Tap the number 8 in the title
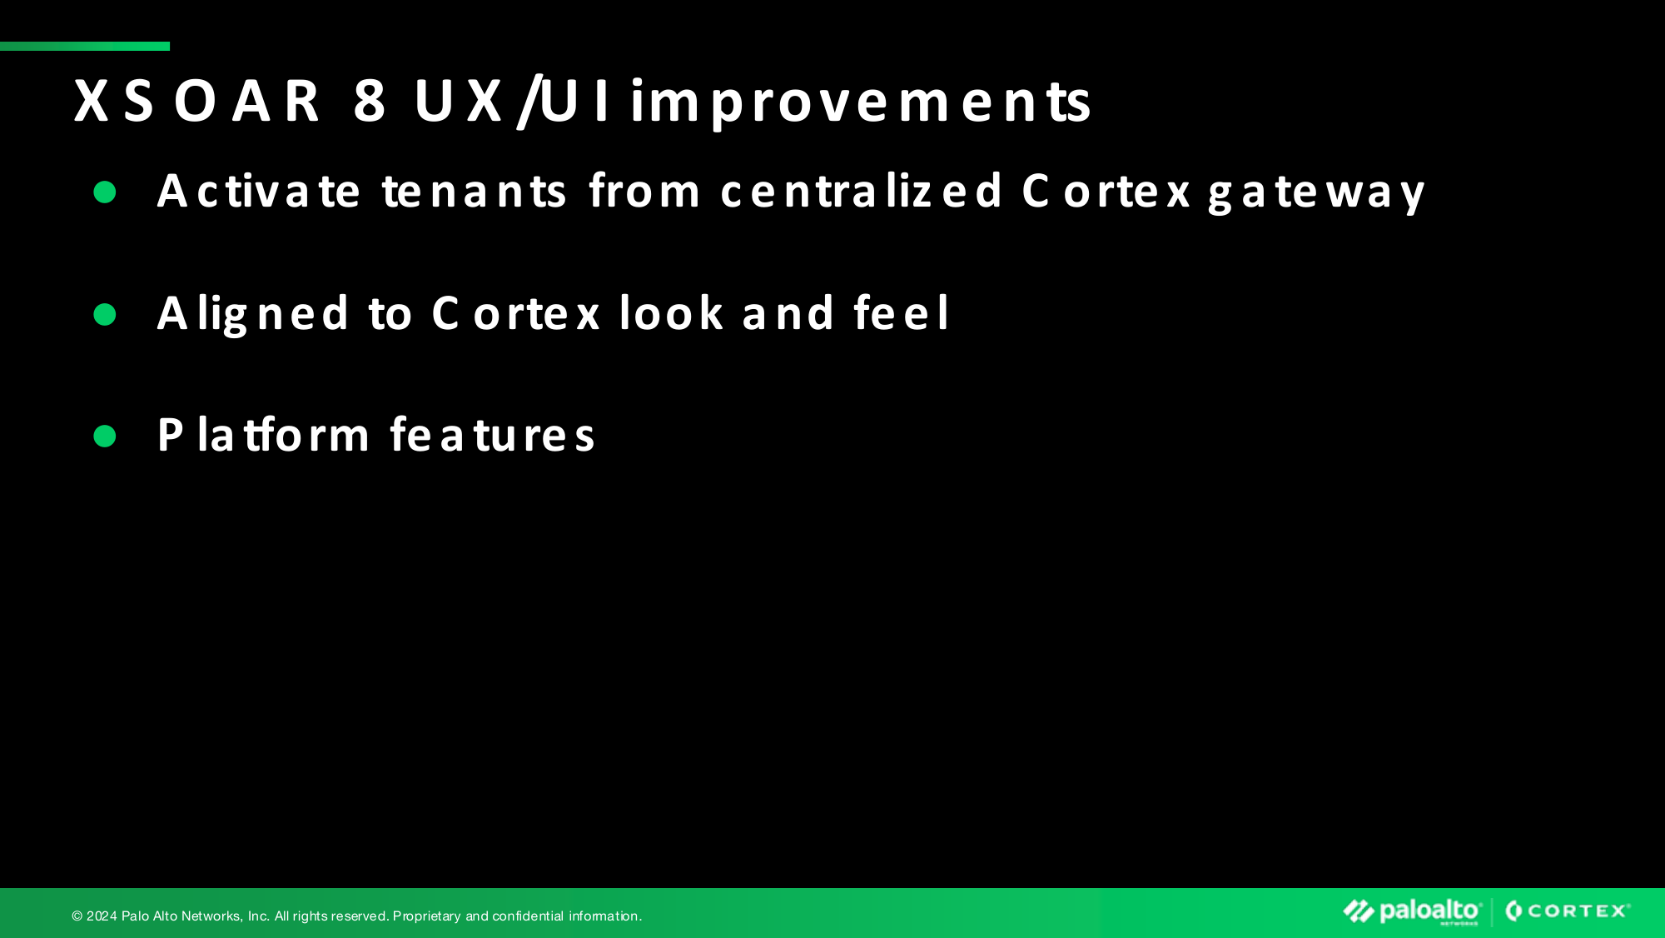[x=370, y=101]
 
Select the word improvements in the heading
[x=860, y=103]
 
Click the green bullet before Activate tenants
[x=105, y=192]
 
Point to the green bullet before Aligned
[x=105, y=314]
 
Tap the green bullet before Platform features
[x=105, y=436]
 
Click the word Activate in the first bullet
[x=259, y=191]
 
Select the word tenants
[x=475, y=191]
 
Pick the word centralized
[x=862, y=190]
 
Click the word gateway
[x=1317, y=193]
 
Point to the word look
[x=672, y=312]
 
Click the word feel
[x=901, y=312]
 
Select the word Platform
[x=263, y=434]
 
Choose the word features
[x=493, y=434]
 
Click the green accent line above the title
[x=85, y=47]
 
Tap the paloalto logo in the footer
[x=1412, y=911]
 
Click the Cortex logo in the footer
[x=1568, y=911]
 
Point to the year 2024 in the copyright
[x=102, y=916]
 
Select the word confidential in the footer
[x=528, y=916]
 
